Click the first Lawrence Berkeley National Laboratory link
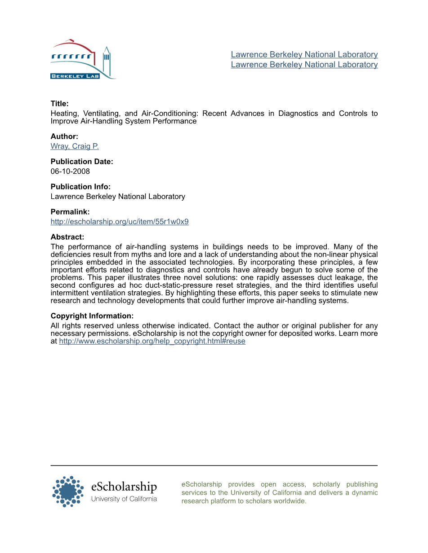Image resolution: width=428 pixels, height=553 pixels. (x=304, y=54)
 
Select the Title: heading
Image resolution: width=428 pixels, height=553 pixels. (x=59, y=104)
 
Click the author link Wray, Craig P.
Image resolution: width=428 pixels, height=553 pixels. (x=74, y=146)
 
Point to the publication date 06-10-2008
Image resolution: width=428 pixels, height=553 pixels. (x=70, y=171)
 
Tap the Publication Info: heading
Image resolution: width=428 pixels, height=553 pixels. (x=80, y=187)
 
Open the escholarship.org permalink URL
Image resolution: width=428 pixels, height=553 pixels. (x=119, y=221)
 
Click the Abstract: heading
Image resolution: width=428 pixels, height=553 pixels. (x=67, y=237)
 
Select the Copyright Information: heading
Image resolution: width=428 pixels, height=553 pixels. (x=92, y=316)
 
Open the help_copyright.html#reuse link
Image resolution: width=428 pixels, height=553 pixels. (x=152, y=341)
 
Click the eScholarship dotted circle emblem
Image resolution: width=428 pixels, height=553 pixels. (x=68, y=492)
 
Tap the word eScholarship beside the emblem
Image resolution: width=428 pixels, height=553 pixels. (x=124, y=487)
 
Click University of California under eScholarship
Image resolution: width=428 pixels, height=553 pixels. (x=124, y=499)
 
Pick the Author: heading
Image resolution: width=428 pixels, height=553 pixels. (x=64, y=136)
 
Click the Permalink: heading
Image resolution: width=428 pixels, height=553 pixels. (x=70, y=212)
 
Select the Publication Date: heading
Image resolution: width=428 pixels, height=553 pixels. (x=81, y=162)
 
